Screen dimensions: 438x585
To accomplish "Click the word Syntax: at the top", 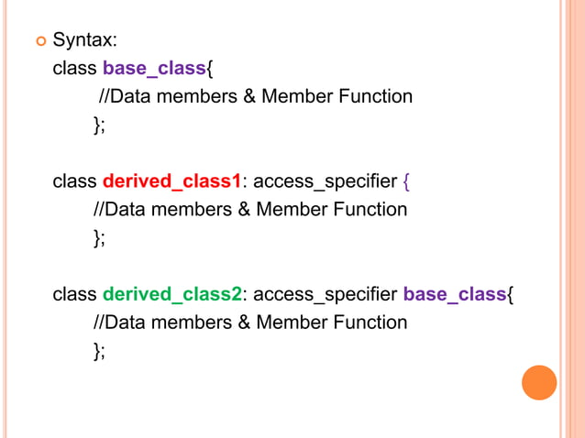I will [84, 40].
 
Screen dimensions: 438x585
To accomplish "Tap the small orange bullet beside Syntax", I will [39, 40].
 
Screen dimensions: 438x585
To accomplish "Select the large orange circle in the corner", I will [539, 383].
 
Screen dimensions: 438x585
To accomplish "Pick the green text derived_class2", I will [171, 294].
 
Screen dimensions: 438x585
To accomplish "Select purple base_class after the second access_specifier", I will [455, 294].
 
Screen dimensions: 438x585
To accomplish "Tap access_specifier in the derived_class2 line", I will [326, 294].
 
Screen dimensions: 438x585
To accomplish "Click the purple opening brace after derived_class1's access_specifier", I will [407, 181].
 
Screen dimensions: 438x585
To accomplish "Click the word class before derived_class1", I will [74, 181].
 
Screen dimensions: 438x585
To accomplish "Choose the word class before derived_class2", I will [74, 294].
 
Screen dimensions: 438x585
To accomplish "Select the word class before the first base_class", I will [74, 68].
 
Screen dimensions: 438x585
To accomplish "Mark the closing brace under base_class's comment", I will [97, 126].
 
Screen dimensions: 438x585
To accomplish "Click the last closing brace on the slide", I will [97, 351].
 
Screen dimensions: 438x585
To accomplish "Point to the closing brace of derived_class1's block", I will [97, 238].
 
